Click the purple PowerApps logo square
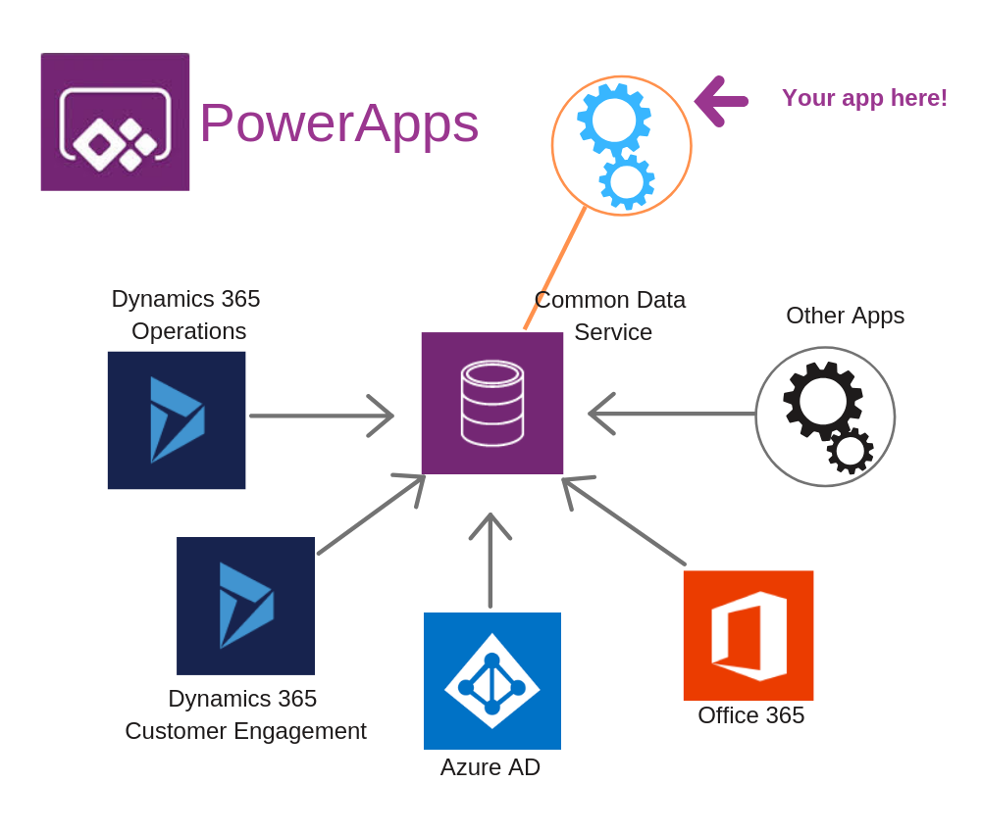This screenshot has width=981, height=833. coord(115,122)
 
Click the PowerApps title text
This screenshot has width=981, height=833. coord(338,122)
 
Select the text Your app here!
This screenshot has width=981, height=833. coord(864,98)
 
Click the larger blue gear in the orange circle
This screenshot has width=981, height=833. coord(614,121)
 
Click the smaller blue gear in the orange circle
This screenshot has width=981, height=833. coord(627,181)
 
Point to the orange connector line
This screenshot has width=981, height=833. coord(554,269)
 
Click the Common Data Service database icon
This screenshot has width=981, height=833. coord(492,403)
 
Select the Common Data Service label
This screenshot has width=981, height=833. coord(610,316)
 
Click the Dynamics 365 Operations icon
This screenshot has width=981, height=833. coord(177,419)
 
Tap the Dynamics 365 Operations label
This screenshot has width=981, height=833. coord(186,315)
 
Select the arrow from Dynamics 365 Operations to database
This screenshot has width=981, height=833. coord(321,416)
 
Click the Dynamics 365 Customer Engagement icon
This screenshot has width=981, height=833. coord(245,606)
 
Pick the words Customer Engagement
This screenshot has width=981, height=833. coord(245,731)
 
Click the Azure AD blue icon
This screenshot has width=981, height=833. coord(492,681)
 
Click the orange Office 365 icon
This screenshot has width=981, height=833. coord(749,635)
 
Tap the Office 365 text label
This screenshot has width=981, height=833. coord(750,715)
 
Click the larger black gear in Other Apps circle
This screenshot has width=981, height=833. coord(822,400)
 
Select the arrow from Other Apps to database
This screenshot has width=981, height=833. coord(672,414)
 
